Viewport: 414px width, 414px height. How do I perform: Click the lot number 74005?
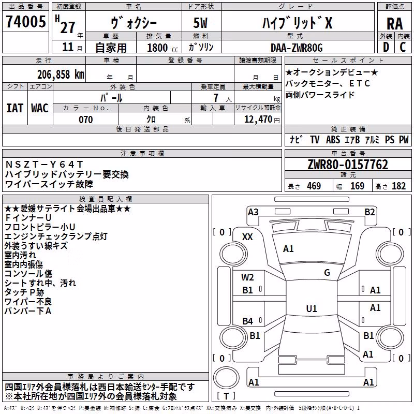click(25, 21)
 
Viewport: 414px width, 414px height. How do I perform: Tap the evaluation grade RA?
click(394, 24)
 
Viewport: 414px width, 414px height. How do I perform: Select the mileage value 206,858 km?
click(61, 75)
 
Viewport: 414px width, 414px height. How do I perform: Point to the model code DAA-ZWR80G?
click(297, 48)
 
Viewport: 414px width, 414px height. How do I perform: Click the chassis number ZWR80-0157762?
click(348, 165)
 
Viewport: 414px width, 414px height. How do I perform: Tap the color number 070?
click(86, 120)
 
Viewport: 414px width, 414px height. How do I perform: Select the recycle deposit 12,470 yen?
click(262, 120)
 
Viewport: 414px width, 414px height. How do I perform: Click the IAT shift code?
click(15, 108)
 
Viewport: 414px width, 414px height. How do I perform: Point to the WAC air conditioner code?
click(40, 108)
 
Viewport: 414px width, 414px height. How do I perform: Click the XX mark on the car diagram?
click(247, 237)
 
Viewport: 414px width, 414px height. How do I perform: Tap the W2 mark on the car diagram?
click(247, 277)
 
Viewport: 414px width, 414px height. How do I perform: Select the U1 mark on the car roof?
click(312, 308)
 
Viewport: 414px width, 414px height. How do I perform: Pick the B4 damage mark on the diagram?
click(248, 321)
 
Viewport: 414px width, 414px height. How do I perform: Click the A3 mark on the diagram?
click(253, 212)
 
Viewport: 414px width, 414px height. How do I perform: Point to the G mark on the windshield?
click(327, 273)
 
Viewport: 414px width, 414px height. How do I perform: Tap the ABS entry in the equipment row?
click(333, 139)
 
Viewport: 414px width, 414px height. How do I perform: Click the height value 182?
click(398, 186)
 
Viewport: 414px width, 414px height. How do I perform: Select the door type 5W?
click(200, 23)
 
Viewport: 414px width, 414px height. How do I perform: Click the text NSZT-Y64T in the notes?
click(44, 165)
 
